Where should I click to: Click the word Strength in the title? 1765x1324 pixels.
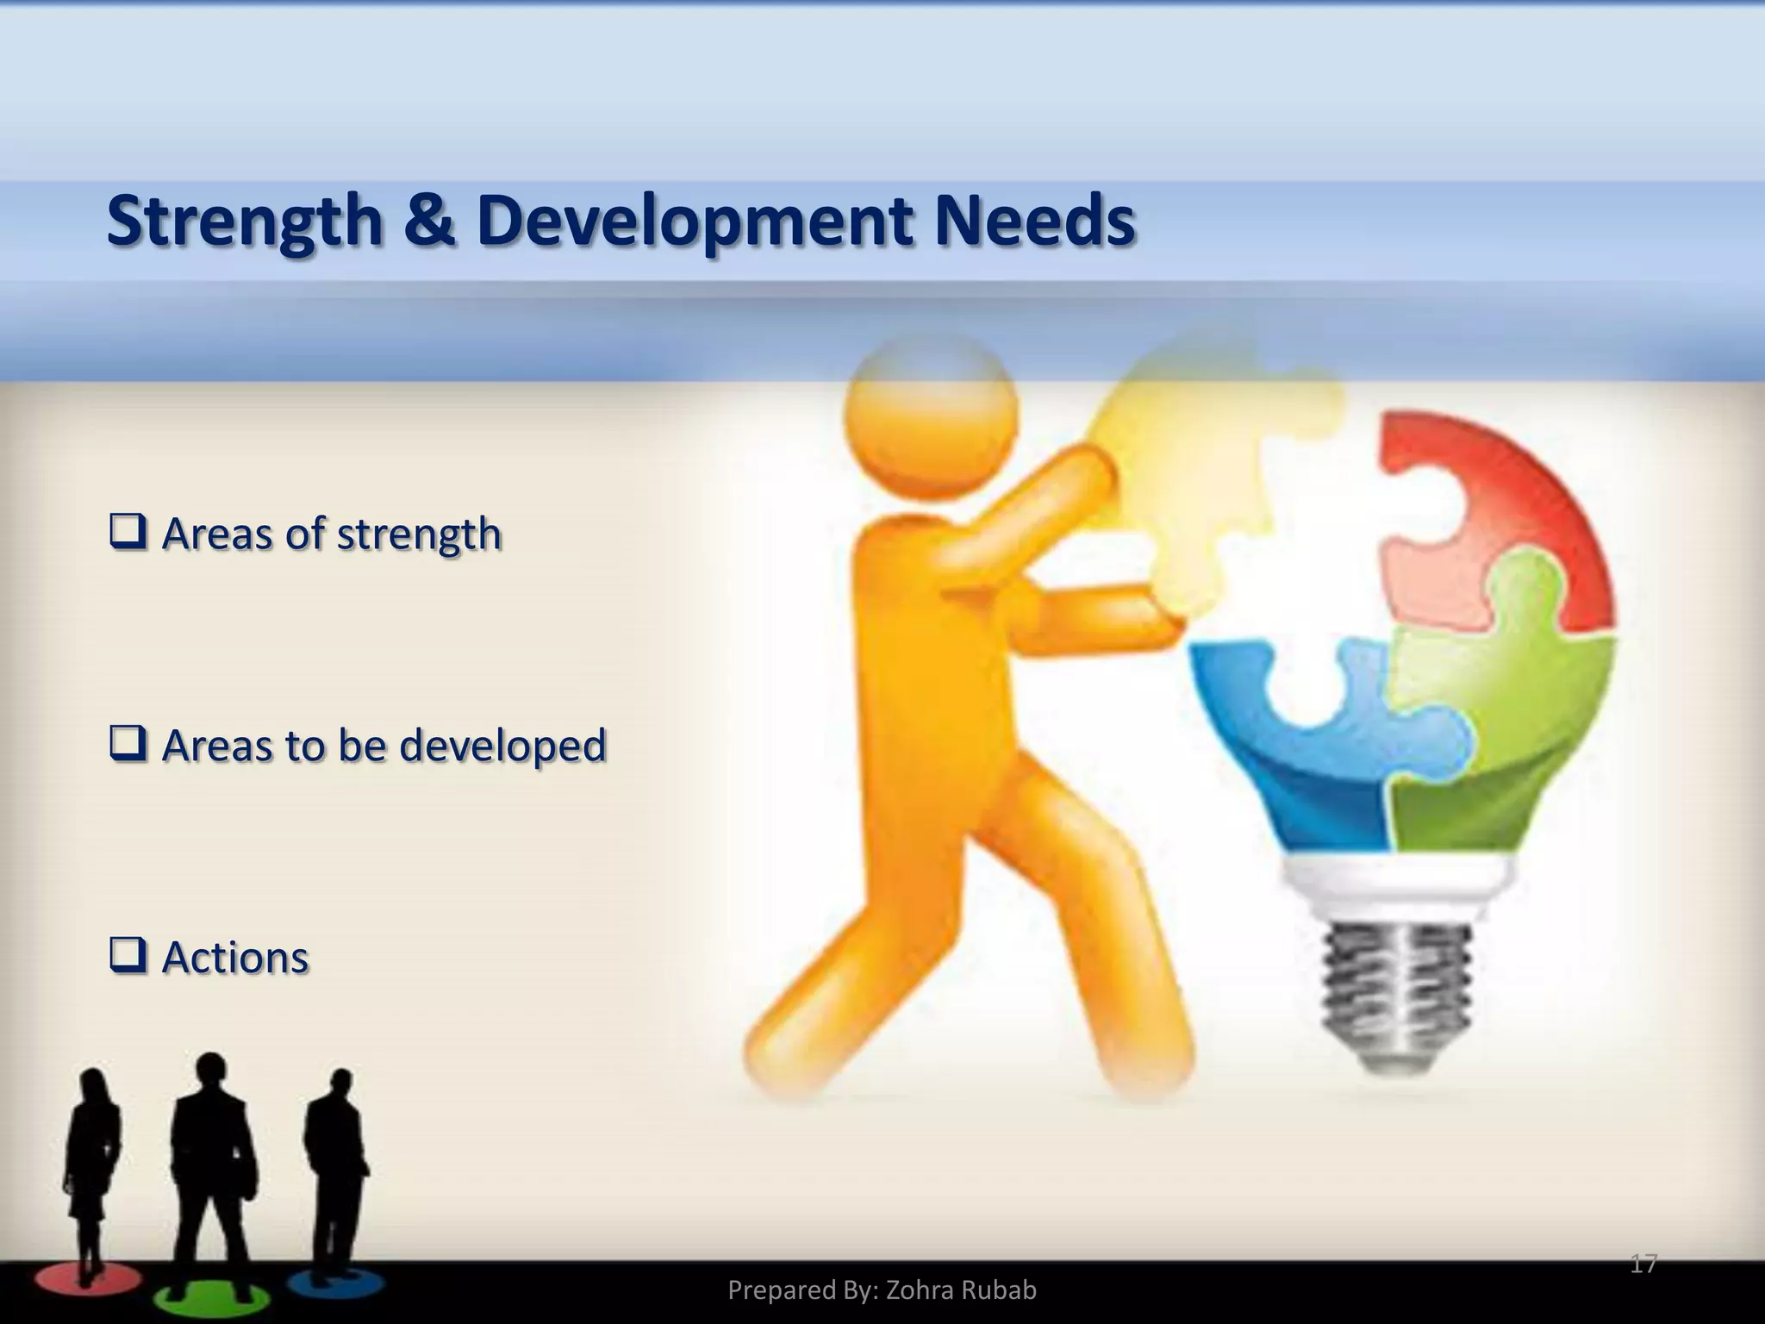[244, 222]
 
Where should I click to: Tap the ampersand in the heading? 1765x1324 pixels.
[428, 221]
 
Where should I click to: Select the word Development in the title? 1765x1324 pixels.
[694, 222]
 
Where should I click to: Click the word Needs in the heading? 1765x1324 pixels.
[1034, 221]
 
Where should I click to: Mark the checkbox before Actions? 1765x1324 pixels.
[128, 956]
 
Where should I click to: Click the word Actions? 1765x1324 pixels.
[235, 957]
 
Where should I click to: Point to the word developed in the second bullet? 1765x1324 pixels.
[503, 746]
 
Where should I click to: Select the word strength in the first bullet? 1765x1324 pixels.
[419, 534]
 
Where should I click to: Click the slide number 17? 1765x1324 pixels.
[1643, 1265]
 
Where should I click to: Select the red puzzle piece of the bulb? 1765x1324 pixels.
[1517, 500]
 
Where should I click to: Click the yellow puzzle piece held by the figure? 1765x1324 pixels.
[1207, 465]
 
